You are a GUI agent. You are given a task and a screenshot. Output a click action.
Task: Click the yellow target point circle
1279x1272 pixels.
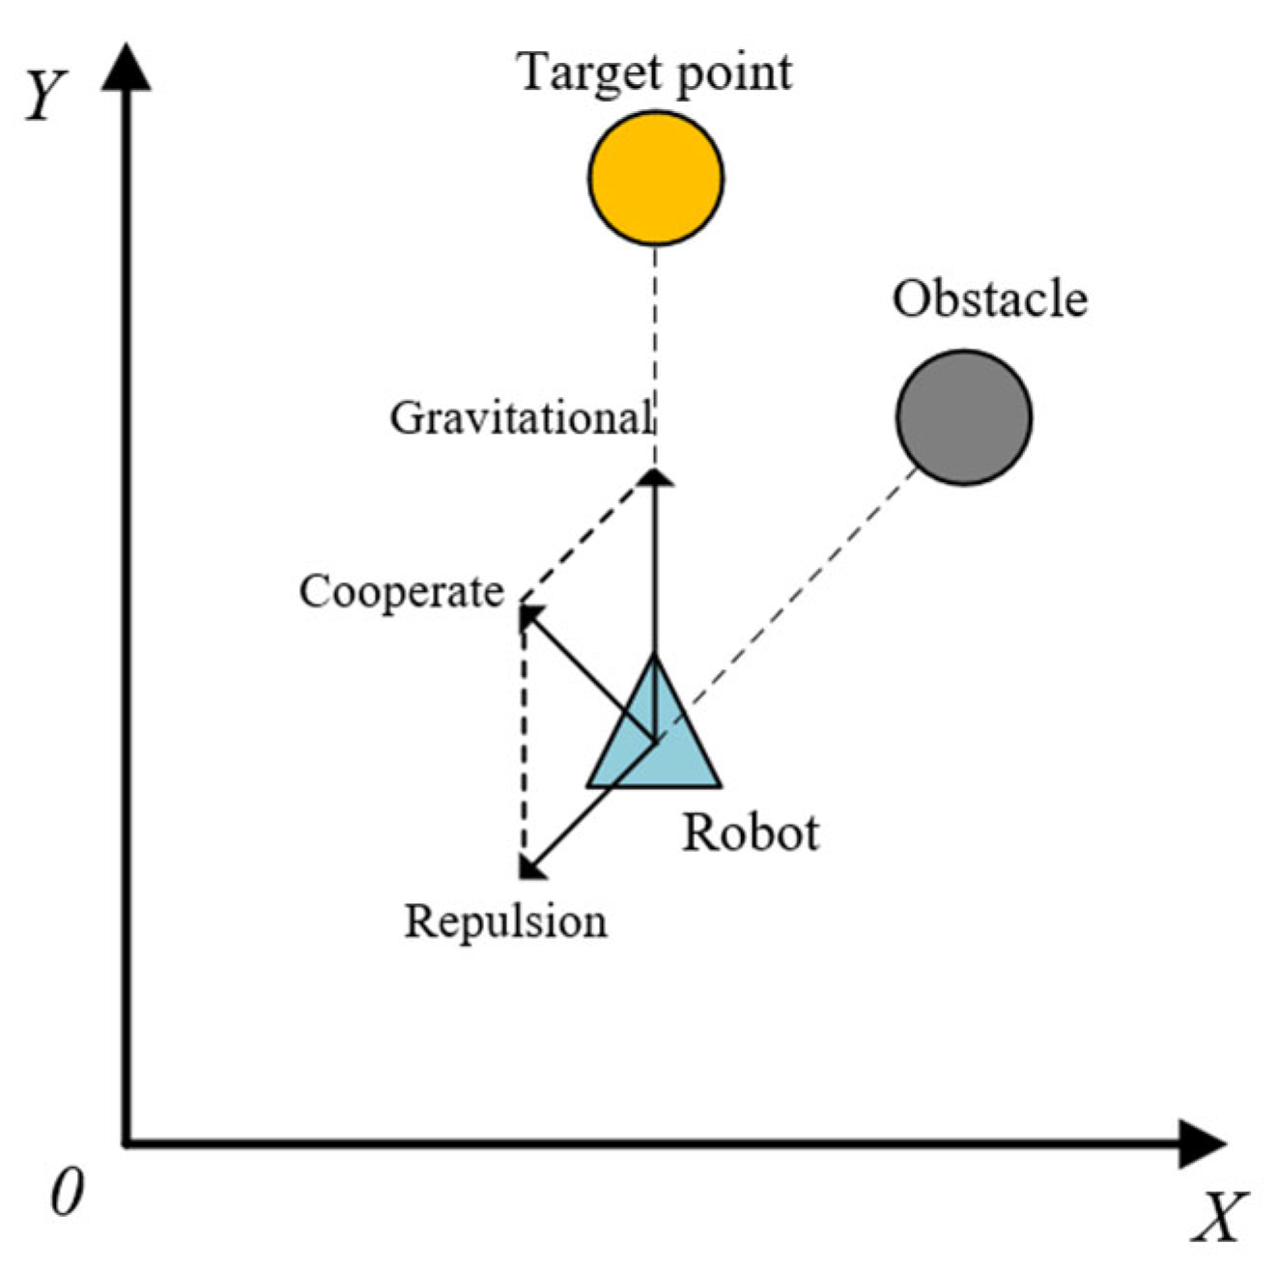click(x=656, y=178)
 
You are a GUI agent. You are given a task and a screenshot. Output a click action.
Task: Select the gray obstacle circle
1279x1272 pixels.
click(x=963, y=417)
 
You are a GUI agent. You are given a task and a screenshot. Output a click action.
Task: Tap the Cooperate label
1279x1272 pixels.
click(x=401, y=591)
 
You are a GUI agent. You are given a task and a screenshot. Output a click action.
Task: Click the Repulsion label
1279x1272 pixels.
click(x=505, y=920)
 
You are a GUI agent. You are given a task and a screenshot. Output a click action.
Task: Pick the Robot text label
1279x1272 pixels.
click(x=751, y=833)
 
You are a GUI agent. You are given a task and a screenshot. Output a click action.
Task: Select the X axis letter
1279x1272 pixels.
click(x=1220, y=1216)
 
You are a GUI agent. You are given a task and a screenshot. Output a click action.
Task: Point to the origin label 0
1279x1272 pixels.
click(x=66, y=1193)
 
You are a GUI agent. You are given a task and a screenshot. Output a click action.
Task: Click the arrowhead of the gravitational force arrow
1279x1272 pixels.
click(x=656, y=477)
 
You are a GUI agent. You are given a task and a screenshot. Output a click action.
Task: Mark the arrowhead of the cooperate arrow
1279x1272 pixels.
click(x=529, y=615)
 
